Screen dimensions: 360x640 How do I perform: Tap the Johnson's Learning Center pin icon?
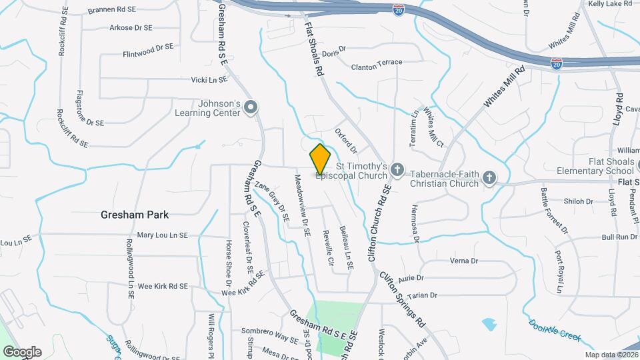[251, 107]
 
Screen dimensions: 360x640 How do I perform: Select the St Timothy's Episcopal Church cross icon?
[397, 170]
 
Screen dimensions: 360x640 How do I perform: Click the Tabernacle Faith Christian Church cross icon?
[489, 178]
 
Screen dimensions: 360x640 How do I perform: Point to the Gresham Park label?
[135, 215]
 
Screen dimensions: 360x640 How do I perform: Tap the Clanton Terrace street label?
[377, 63]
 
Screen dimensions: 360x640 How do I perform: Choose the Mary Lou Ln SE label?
[163, 235]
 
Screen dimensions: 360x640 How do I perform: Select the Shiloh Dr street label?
[560, 201]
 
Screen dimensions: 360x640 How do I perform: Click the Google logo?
[22, 351]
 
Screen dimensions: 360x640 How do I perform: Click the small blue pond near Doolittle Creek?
[489, 325]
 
